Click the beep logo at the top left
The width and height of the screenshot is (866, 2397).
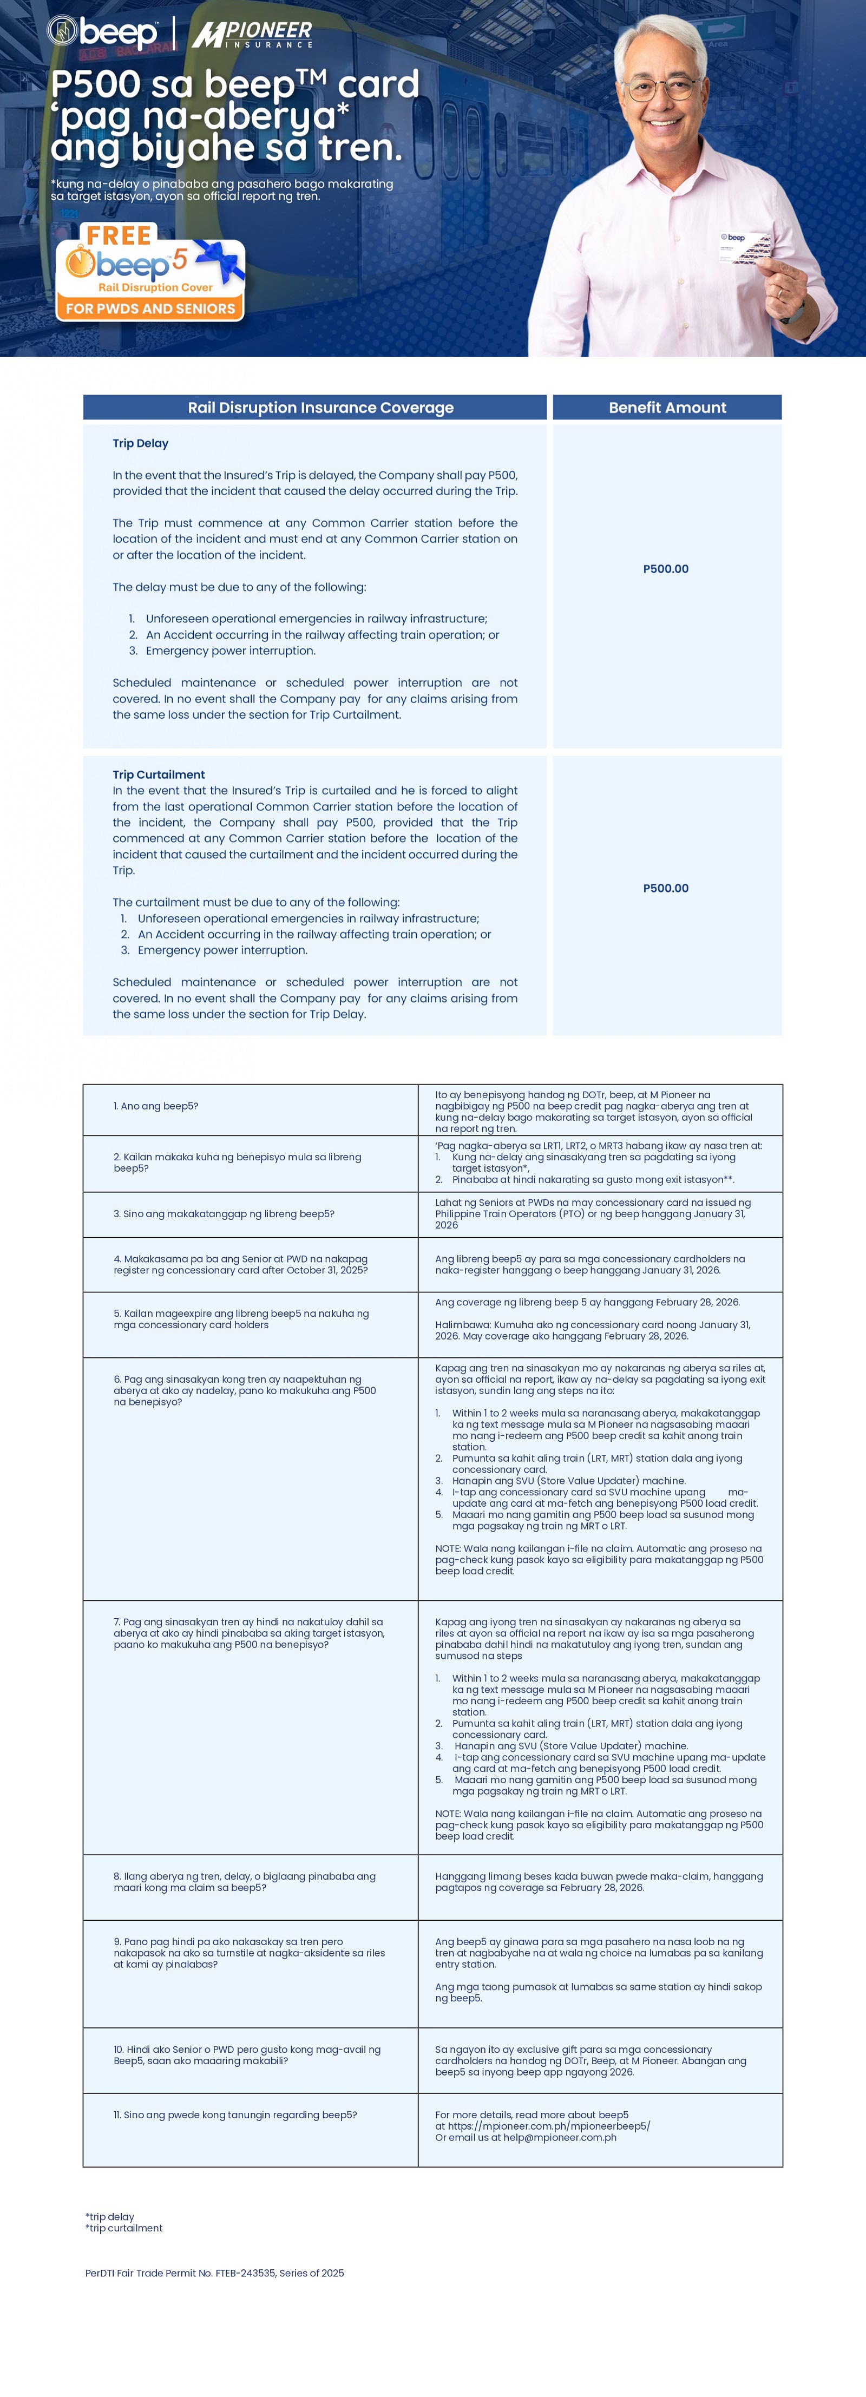(102, 32)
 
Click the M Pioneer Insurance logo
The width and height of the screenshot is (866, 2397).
(252, 35)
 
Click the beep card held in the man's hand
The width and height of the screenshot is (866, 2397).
(744, 247)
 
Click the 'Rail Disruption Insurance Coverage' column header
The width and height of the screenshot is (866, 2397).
(320, 408)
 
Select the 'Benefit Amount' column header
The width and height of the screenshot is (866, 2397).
(667, 408)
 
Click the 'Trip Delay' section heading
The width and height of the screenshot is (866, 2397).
(141, 443)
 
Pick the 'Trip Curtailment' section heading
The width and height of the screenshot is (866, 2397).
(159, 774)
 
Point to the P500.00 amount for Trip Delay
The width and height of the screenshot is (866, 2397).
(666, 569)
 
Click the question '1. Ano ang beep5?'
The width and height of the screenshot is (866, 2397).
(156, 1106)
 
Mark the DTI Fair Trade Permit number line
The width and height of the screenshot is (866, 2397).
(215, 2273)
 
